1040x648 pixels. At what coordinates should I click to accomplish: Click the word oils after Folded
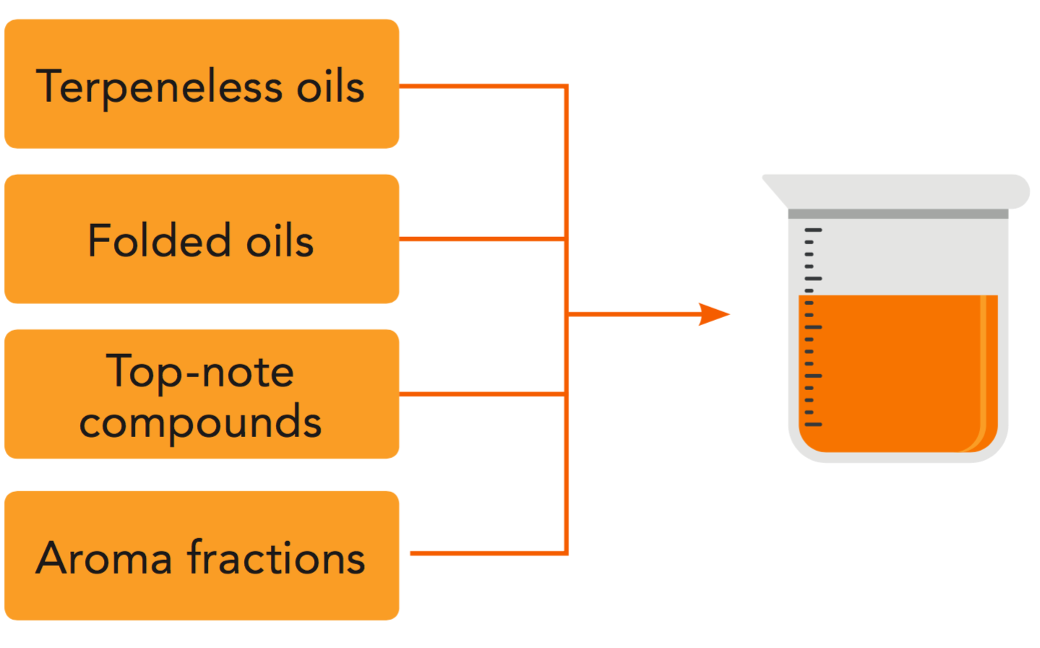pyautogui.click(x=280, y=241)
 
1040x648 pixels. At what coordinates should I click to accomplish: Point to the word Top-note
pyautogui.click(x=200, y=372)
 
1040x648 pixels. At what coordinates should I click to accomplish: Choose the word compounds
pyautogui.click(x=200, y=423)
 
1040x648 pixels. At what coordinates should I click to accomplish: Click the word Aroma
pyautogui.click(x=105, y=558)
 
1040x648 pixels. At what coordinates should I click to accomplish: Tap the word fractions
pyautogui.click(x=276, y=558)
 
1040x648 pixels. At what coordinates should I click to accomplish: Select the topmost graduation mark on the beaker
pyautogui.click(x=813, y=230)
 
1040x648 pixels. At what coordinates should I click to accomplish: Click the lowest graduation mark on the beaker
pyautogui.click(x=813, y=424)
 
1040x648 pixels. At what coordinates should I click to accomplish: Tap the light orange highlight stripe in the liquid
pyautogui.click(x=983, y=361)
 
